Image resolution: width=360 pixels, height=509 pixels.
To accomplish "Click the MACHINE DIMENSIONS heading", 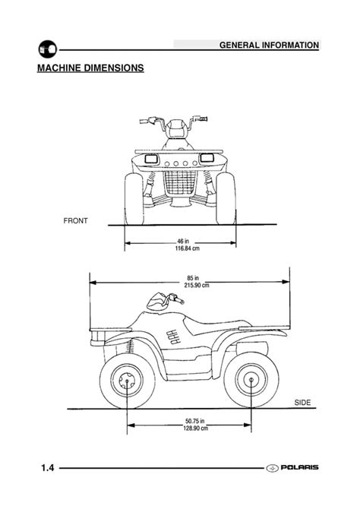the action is point(90,68).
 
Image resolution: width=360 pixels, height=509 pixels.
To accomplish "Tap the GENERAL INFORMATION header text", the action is point(269,45).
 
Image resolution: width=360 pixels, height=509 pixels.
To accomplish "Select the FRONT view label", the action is point(76,221).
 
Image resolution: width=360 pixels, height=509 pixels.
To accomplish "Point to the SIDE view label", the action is point(302,403).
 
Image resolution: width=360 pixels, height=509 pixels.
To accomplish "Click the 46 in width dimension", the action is point(183,241).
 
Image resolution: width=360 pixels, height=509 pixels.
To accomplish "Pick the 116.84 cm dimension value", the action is point(188,248).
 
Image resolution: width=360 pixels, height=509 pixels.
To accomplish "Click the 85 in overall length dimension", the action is point(193,278).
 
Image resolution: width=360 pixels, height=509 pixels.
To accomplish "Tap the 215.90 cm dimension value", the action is point(197,286).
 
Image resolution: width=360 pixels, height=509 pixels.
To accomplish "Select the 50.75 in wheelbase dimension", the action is point(194,421).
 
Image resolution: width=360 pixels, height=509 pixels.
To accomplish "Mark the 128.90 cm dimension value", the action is point(195,428).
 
